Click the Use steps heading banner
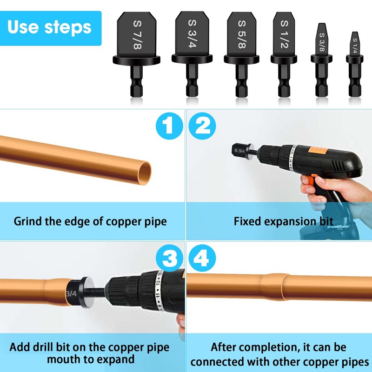pos(51,28)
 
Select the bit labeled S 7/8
pos(136,54)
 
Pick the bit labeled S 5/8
pos(241,54)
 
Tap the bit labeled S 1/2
pos(284,54)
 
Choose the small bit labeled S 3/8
pos(321,60)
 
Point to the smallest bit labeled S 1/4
pos(354,64)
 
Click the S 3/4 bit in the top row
pos(192,54)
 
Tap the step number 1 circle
pos(169,126)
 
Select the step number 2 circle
pos(202,126)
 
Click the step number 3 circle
pos(169,258)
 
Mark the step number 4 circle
pos(202,258)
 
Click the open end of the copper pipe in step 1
pos(145,173)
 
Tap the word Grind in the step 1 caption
pos(28,222)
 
